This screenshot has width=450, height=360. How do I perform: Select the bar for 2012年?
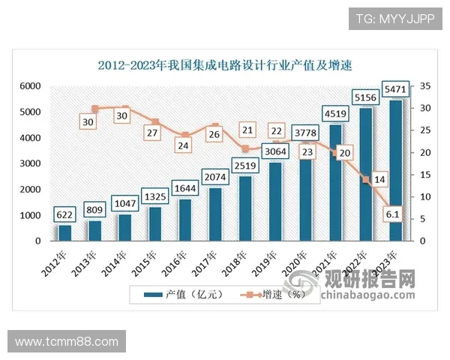click(65, 232)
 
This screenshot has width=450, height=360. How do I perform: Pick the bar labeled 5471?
click(395, 170)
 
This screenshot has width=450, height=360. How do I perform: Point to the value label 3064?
click(275, 151)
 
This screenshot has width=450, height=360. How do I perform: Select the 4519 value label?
click(335, 114)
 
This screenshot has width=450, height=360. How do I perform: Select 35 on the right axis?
click(424, 87)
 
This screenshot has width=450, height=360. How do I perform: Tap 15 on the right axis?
click(424, 175)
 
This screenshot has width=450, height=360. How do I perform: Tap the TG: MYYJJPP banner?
click(394, 18)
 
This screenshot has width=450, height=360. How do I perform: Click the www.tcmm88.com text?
click(67, 342)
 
